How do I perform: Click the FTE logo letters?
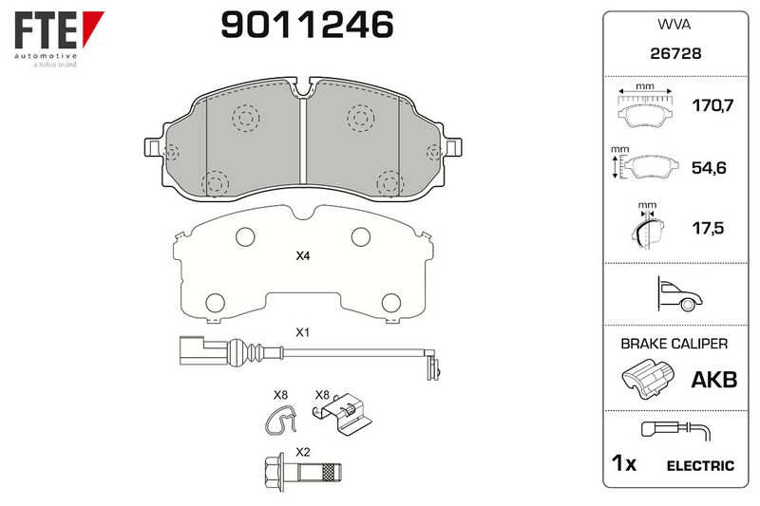point(46,30)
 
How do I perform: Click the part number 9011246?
point(307,25)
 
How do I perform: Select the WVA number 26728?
point(675,53)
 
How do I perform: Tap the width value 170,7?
point(712,105)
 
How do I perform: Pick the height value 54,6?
point(709,168)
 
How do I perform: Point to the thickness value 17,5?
point(708,228)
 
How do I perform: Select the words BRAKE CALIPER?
point(674,344)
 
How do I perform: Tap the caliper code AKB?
point(714,380)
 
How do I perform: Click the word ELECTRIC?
point(700,466)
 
